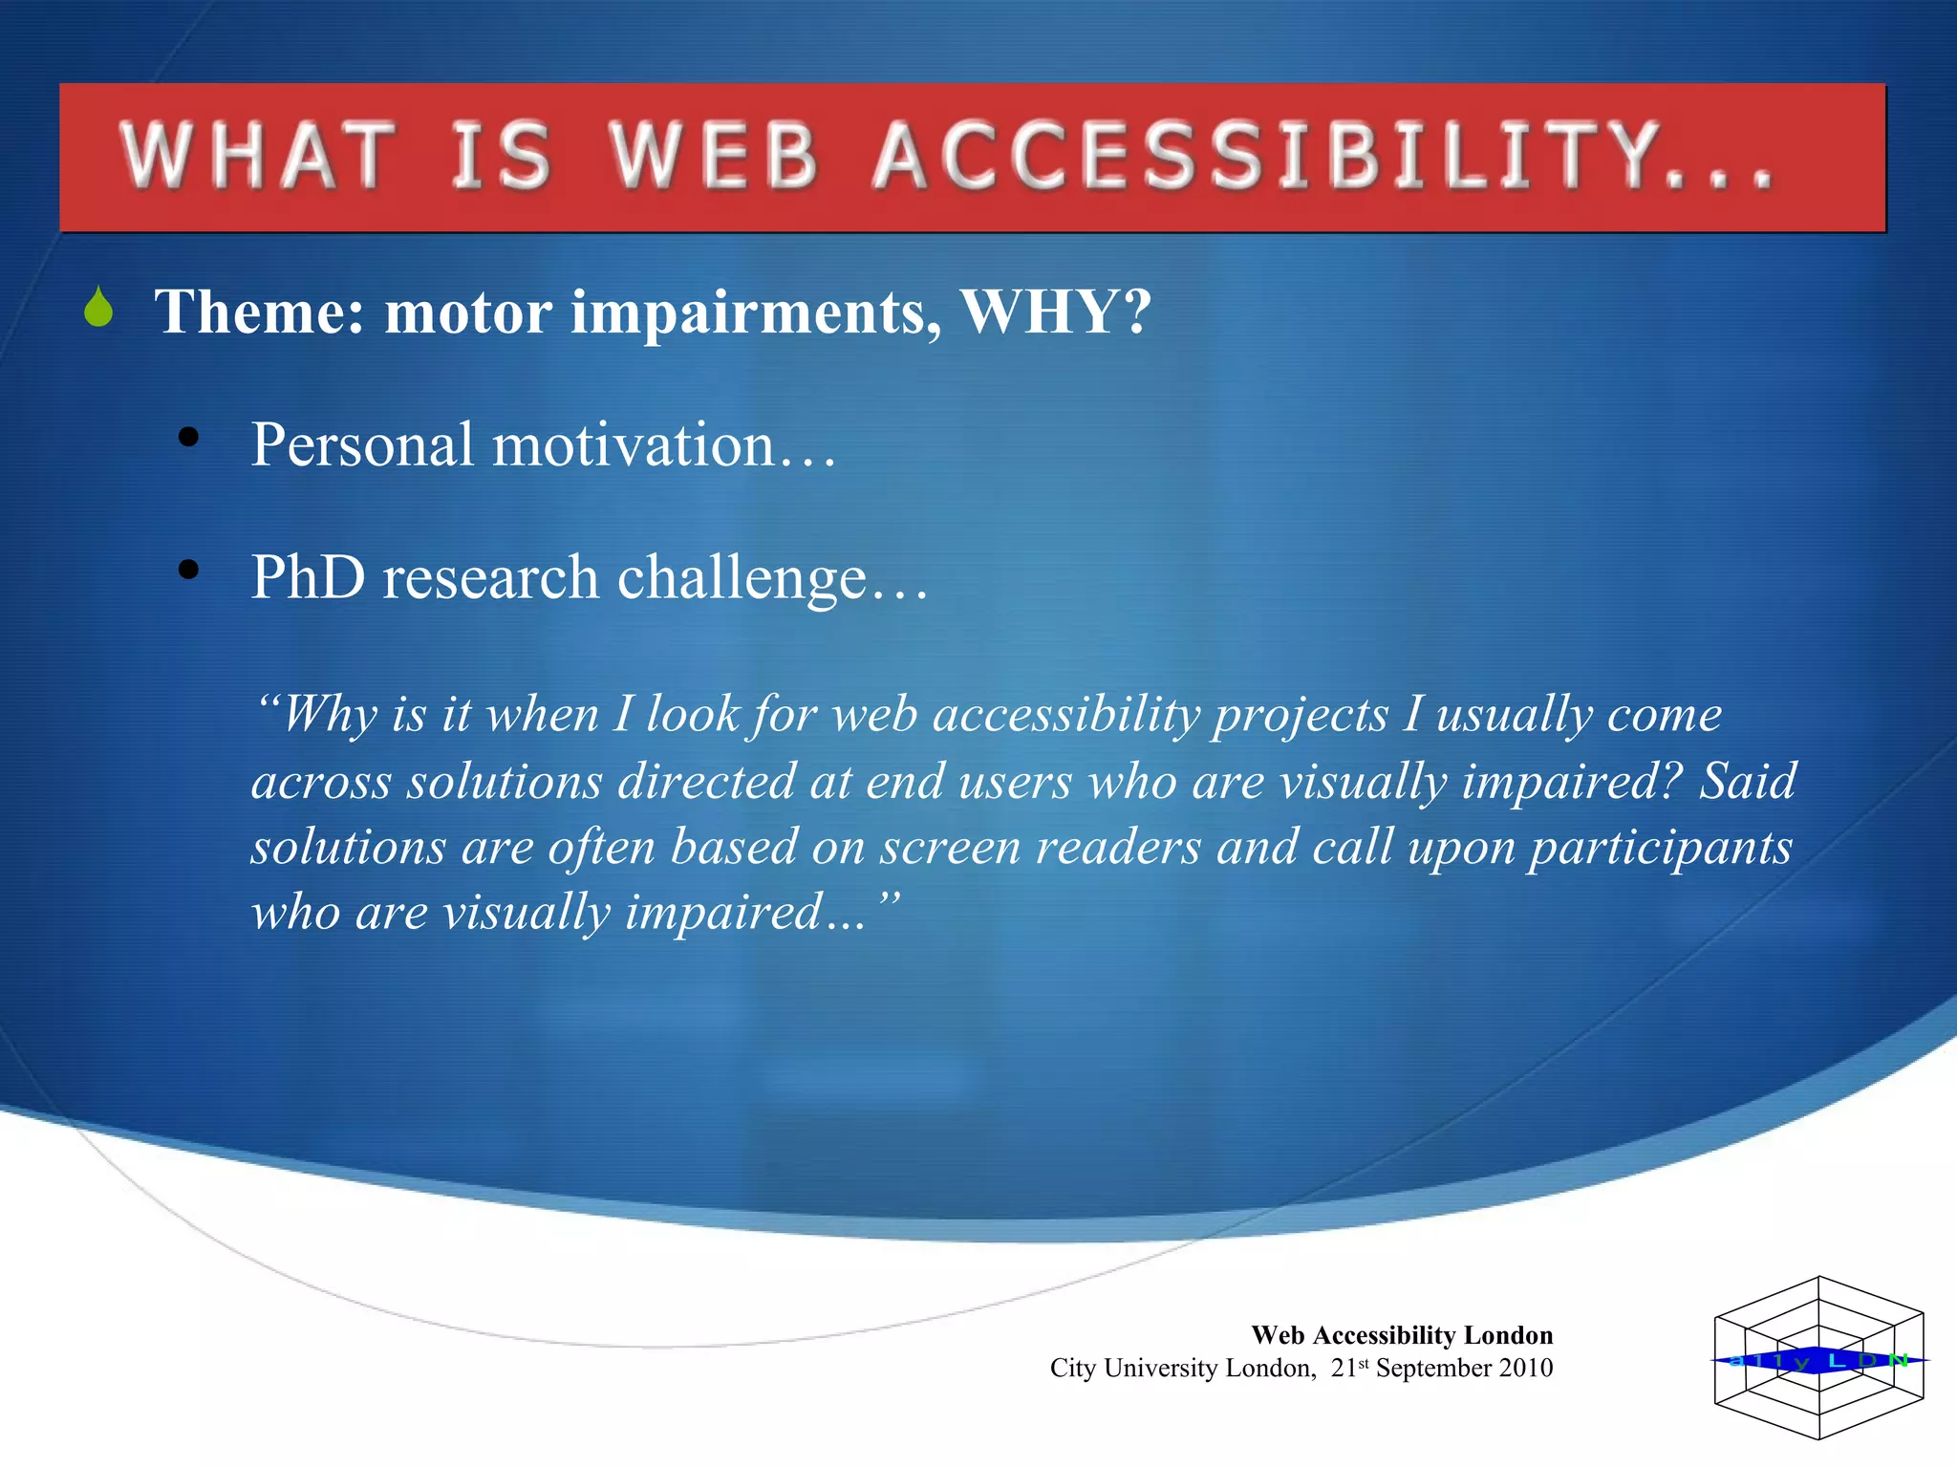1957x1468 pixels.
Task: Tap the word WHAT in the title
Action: (256, 156)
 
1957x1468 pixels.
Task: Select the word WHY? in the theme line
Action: (1056, 312)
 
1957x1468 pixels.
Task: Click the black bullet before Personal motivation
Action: (188, 438)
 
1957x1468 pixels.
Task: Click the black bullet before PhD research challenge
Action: (188, 570)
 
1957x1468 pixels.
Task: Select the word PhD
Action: (308, 577)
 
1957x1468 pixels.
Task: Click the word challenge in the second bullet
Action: (742, 579)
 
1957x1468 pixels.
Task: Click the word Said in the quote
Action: (1747, 782)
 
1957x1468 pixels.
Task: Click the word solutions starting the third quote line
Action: (348, 848)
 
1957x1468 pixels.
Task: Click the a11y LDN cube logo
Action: (1818, 1358)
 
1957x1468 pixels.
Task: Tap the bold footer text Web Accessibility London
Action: (1402, 1335)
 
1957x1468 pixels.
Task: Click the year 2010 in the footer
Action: (1525, 1369)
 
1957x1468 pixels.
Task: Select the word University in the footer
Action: (1160, 1369)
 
